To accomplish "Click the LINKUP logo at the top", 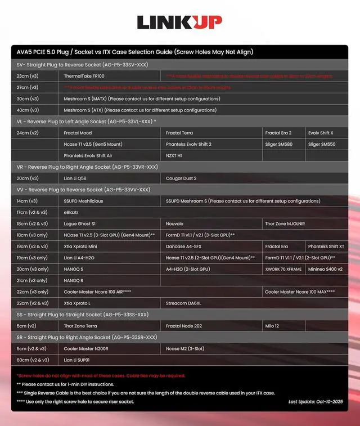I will (x=179, y=22).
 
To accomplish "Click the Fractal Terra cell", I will (x=179, y=133).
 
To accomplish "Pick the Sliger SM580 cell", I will (x=278, y=144).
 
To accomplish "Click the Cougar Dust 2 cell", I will (x=181, y=178).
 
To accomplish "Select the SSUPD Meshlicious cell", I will (x=84, y=201).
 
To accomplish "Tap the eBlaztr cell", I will (x=71, y=212).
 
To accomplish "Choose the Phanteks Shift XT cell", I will (x=326, y=246).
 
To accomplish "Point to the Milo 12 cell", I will (x=273, y=326).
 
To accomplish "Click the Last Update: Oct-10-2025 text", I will (x=315, y=402).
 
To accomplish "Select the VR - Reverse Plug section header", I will (x=87, y=167).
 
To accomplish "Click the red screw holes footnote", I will (x=101, y=375).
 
